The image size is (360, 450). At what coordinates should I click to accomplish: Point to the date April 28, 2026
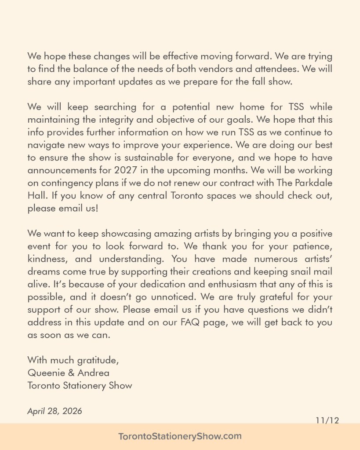coord(55,411)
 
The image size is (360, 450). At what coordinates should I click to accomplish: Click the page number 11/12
coord(327,420)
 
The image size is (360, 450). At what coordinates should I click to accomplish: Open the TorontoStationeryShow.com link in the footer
coord(180,436)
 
